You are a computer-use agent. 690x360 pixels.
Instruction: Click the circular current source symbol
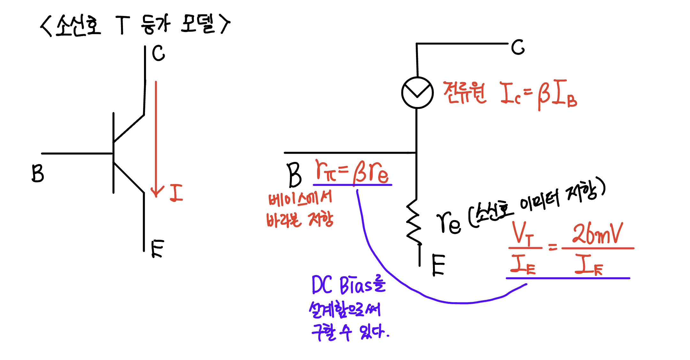[417, 93]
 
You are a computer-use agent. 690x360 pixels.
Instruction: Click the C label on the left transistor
[158, 53]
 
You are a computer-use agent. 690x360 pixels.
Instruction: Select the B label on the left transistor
[38, 173]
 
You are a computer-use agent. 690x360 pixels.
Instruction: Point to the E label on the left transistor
[158, 249]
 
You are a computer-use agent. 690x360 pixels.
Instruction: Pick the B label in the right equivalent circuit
[294, 175]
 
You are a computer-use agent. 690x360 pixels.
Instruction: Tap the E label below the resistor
[438, 265]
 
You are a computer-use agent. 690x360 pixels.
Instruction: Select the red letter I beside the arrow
[176, 193]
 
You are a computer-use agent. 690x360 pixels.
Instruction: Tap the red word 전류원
[465, 93]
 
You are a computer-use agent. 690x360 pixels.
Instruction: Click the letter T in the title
[123, 25]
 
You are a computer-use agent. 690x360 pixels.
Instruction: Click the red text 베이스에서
[300, 198]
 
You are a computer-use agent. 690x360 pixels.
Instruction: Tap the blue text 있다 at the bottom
[372, 332]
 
